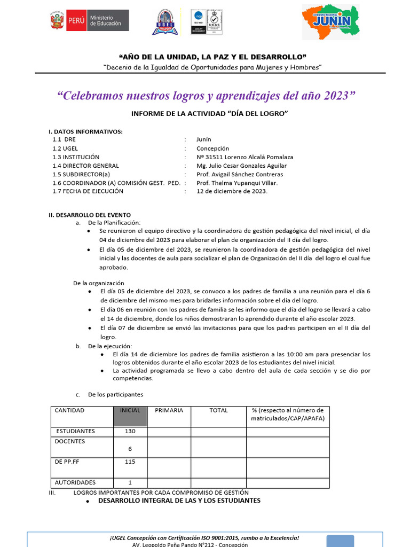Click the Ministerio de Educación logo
[89, 21]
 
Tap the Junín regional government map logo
[331, 22]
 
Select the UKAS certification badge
[215, 22]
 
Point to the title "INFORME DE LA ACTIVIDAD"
[209, 113]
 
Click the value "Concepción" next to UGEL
[212, 149]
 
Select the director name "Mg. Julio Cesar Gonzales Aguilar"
[241, 166]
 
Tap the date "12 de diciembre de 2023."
[232, 191]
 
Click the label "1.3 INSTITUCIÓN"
[76, 157]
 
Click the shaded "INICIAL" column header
[130, 411]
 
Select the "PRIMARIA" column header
[169, 411]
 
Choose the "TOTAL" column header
[218, 411]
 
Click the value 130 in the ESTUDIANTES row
[130, 431]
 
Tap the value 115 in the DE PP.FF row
[130, 462]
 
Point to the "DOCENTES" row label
[70, 442]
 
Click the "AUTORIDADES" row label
[75, 482]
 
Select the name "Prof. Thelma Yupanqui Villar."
[237, 183]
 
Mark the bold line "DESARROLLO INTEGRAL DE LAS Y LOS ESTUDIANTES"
[179, 501]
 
